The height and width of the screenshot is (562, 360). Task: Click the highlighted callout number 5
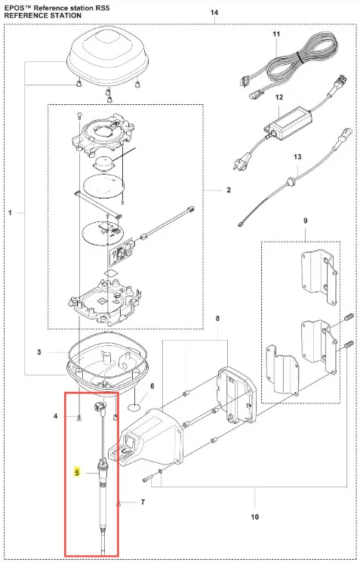(x=77, y=473)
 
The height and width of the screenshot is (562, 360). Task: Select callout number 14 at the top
(x=214, y=13)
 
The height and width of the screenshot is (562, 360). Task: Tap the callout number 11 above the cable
(x=276, y=35)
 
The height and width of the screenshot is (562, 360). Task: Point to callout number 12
(x=279, y=97)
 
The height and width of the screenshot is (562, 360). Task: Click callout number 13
(x=297, y=157)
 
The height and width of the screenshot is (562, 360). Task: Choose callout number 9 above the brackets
(x=305, y=221)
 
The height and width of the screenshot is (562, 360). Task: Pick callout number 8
(x=217, y=319)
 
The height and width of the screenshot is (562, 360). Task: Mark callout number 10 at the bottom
(x=254, y=517)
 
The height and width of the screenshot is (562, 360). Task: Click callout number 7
(x=143, y=502)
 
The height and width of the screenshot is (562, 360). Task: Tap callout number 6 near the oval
(x=152, y=386)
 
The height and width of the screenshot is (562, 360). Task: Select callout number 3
(x=39, y=352)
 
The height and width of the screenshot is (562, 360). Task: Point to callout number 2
(x=229, y=190)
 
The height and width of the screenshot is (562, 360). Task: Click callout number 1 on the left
(x=10, y=213)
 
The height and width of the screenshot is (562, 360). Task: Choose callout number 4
(x=56, y=416)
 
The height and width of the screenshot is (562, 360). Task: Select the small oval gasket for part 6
(x=135, y=407)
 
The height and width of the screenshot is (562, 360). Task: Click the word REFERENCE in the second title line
(x=25, y=15)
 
